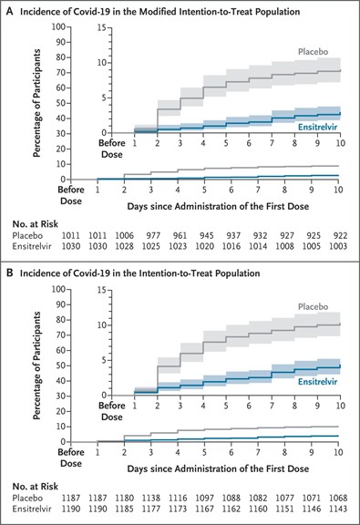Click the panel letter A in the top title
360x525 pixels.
10,12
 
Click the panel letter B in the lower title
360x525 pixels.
10,273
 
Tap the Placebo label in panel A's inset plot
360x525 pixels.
314,52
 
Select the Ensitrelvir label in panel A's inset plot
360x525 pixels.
317,127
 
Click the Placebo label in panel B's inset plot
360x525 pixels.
314,306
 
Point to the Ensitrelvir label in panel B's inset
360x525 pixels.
317,382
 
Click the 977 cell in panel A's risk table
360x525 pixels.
153,235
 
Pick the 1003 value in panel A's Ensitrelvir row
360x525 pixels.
338,246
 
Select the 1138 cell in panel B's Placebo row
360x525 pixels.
151,498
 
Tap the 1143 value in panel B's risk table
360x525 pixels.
338,509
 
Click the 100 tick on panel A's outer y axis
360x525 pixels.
58,26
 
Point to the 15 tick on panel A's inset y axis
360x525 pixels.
102,27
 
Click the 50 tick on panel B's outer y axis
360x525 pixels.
61,365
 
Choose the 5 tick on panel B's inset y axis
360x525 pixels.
104,361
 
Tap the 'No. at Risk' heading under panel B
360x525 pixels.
36,487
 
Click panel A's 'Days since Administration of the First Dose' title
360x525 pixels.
218,206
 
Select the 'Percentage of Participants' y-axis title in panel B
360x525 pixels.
36,365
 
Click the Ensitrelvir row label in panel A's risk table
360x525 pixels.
32,246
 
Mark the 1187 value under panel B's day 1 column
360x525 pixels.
98,498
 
